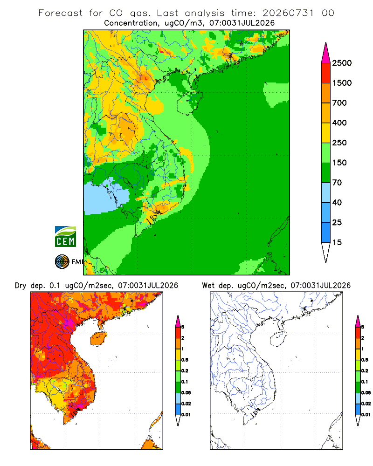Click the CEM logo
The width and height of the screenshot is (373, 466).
[65, 237]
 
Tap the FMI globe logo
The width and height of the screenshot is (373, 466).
[62, 262]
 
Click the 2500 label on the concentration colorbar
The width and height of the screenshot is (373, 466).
[342, 63]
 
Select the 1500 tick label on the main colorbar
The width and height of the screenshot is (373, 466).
[342, 83]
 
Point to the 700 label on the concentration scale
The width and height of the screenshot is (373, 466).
[339, 103]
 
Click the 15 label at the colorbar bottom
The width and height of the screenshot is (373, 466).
[337, 242]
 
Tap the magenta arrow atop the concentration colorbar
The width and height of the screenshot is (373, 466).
[326, 53]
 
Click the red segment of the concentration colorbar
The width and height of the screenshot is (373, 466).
[326, 73]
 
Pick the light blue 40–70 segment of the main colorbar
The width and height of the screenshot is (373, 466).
[326, 192]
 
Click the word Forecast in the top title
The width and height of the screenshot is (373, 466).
[61, 13]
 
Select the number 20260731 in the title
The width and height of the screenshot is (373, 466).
[288, 13]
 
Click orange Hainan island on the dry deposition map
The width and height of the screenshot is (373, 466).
[99, 338]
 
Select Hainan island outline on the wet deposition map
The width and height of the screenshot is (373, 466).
[279, 338]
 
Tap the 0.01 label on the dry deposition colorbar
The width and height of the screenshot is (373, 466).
[186, 415]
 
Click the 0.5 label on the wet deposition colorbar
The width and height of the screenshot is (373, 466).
[365, 360]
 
